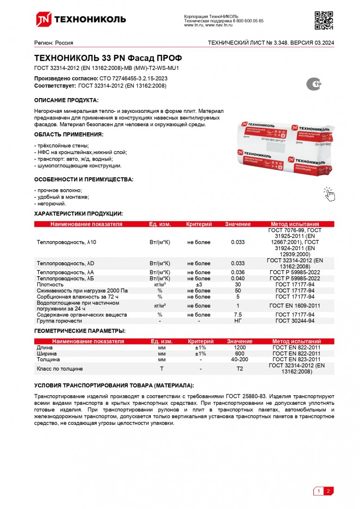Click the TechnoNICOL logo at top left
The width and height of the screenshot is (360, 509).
point(81,19)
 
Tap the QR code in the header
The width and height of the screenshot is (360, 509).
point(324,19)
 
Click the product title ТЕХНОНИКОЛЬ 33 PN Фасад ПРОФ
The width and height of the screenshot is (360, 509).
point(108,58)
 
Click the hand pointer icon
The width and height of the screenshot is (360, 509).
point(329,194)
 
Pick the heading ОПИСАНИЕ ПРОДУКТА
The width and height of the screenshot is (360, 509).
point(67,100)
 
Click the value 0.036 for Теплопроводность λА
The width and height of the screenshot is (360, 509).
point(238,273)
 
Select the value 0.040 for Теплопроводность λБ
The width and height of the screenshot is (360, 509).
point(238,279)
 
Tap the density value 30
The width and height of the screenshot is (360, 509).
point(238,285)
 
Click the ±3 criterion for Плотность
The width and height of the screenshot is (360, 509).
point(199,285)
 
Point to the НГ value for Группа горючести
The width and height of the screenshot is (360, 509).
point(238,321)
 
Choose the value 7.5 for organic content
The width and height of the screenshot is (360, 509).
point(238,315)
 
